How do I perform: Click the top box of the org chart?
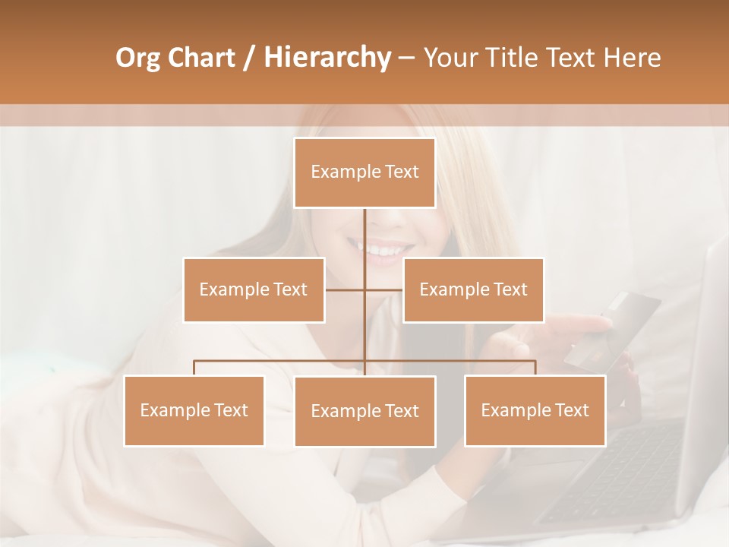pyautogui.click(x=364, y=172)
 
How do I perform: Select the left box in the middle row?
pyautogui.click(x=254, y=289)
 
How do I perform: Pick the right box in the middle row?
pyautogui.click(x=473, y=289)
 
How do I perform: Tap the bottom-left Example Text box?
pyautogui.click(x=194, y=410)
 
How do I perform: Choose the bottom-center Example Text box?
pyautogui.click(x=364, y=411)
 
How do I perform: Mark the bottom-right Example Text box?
pyautogui.click(x=535, y=410)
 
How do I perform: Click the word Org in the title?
pyautogui.click(x=137, y=58)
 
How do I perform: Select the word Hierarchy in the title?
pyautogui.click(x=327, y=58)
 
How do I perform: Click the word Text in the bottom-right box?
pyautogui.click(x=571, y=410)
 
